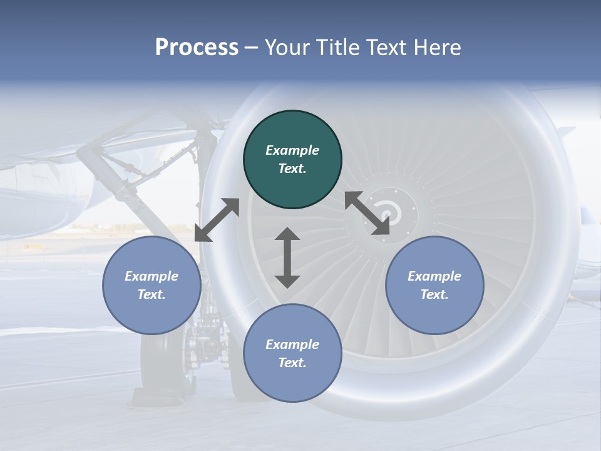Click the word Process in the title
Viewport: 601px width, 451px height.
coord(197,48)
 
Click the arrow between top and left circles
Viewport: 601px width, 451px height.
coord(217,220)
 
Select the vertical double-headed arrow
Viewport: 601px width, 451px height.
coord(287,257)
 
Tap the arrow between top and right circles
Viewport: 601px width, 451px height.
coord(367,213)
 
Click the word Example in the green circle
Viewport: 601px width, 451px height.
coord(292,150)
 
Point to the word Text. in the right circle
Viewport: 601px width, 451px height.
coord(434,294)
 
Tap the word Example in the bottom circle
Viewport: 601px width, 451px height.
coord(292,345)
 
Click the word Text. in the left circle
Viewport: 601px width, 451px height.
coord(152,294)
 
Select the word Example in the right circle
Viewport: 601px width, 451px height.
coord(434,276)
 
